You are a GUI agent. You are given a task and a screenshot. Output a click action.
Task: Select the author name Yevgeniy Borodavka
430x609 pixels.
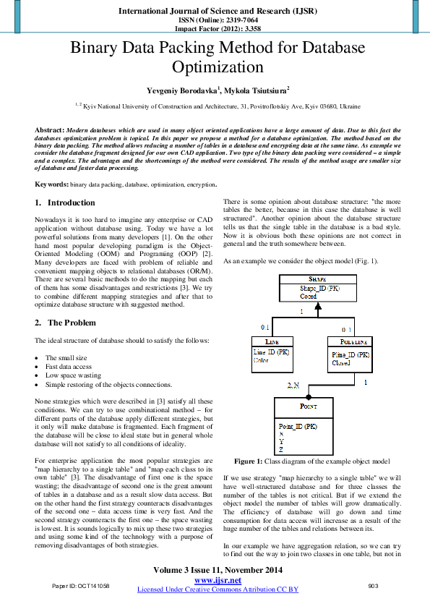(176, 90)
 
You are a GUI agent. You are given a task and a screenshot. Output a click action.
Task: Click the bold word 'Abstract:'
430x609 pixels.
(51, 129)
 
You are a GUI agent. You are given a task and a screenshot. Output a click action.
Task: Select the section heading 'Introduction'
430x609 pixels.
(71, 203)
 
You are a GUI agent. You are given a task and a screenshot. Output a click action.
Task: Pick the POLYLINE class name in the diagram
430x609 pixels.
(351, 342)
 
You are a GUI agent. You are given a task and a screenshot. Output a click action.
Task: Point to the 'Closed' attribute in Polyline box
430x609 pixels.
(340, 363)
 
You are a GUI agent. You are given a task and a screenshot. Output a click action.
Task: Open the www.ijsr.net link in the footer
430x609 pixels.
(218, 580)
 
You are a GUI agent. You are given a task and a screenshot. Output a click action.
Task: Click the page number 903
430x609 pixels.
(373, 585)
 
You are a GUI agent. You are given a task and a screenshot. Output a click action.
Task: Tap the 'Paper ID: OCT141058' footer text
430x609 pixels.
(80, 585)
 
